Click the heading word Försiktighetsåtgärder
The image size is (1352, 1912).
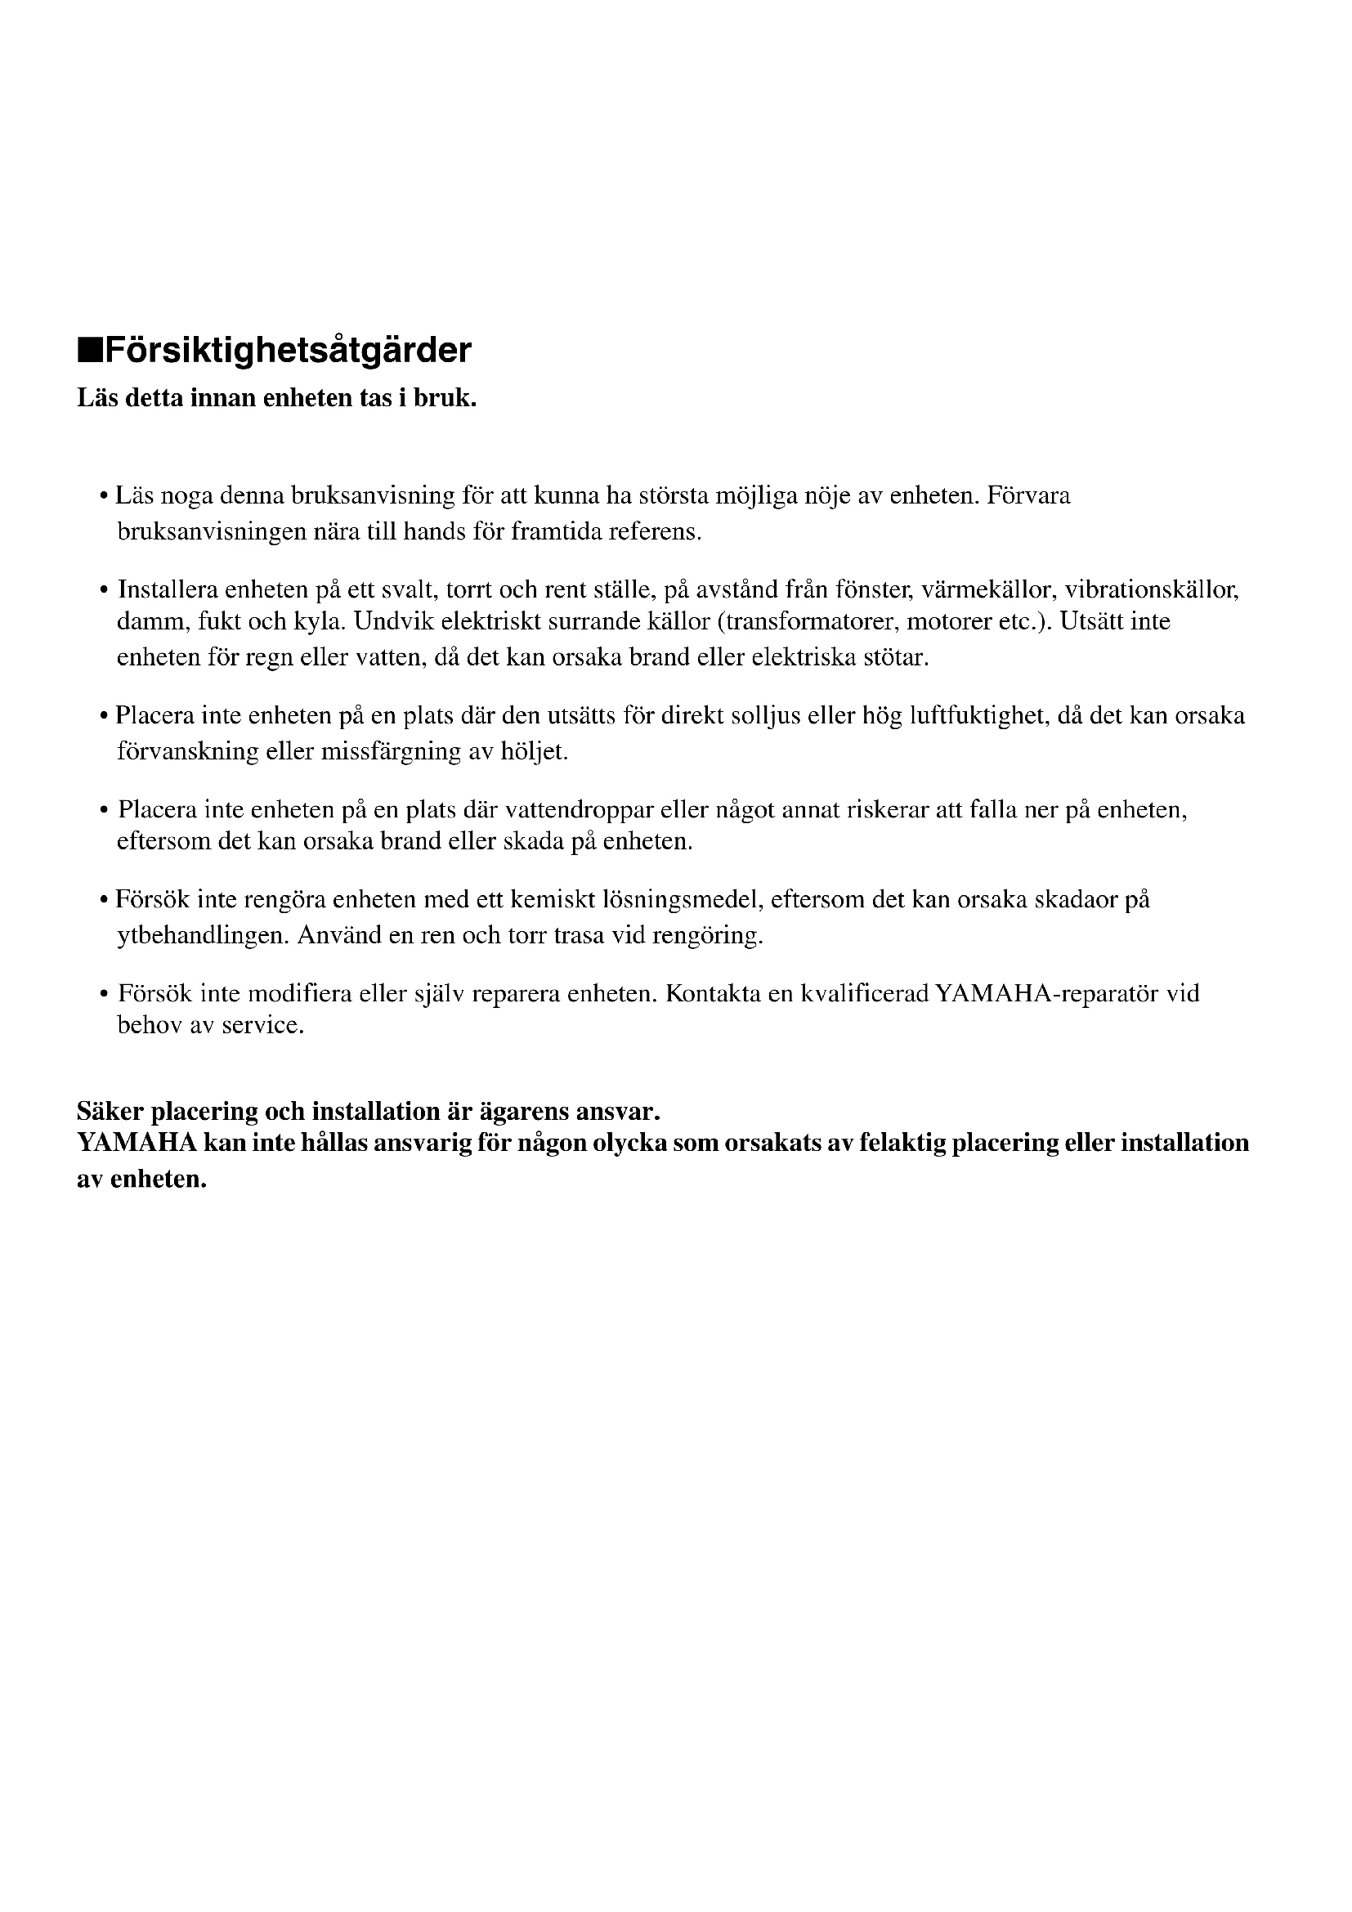(x=288, y=351)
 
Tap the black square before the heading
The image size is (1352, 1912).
(x=89, y=352)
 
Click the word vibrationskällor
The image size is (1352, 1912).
(x=1153, y=590)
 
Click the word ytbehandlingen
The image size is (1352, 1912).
(x=204, y=936)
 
